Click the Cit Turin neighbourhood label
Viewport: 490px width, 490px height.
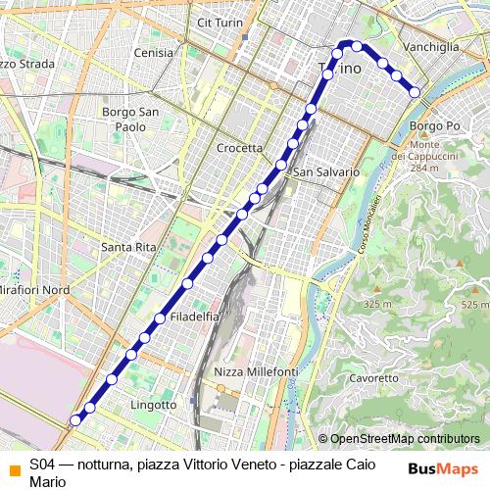coord(219,22)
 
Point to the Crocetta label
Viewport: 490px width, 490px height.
coord(239,148)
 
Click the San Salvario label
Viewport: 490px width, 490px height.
coord(326,171)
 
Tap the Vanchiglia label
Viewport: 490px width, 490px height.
coord(431,46)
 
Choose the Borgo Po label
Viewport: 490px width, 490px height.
coord(435,126)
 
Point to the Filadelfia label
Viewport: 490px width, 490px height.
coord(193,317)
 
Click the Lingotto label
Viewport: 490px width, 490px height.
coord(152,404)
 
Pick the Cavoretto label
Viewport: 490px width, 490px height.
coord(372,377)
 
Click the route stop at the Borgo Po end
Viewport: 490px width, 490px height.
coord(416,92)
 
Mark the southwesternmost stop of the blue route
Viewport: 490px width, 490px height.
coord(74,419)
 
